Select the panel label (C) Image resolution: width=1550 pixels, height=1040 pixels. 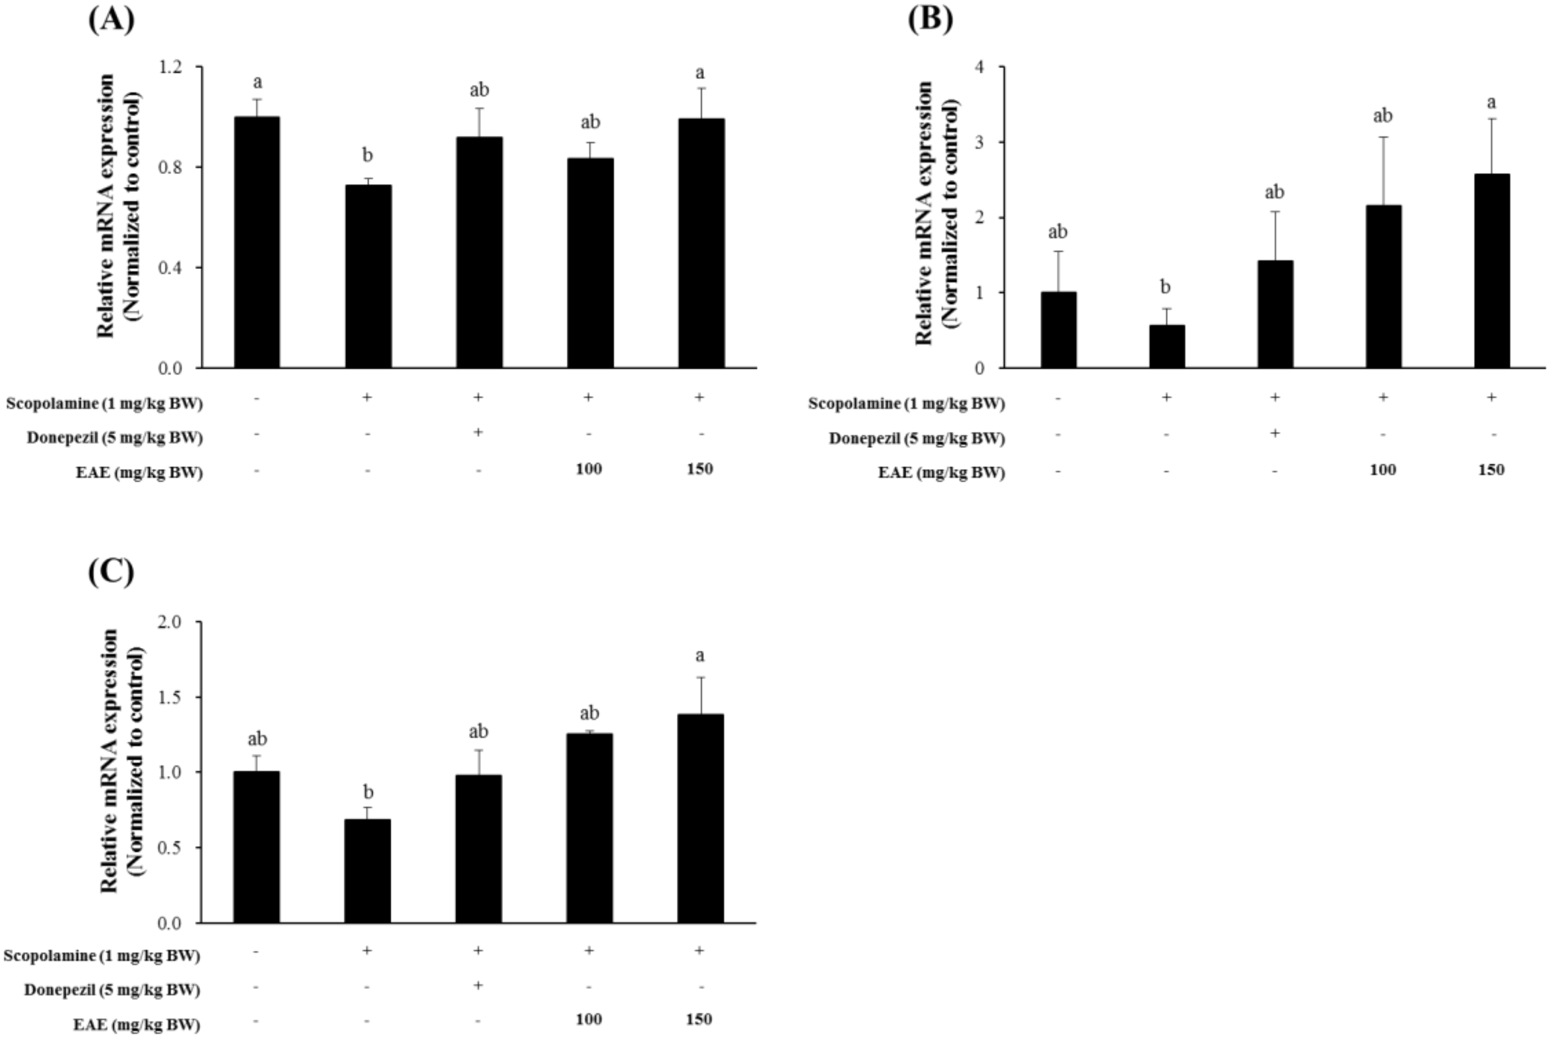pos(111,571)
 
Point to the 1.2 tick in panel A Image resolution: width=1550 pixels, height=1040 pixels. pos(171,67)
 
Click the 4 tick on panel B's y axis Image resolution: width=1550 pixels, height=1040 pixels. pos(979,67)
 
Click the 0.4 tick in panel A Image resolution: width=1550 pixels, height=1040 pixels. pos(171,267)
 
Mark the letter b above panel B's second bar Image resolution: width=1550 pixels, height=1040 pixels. pos(1165,287)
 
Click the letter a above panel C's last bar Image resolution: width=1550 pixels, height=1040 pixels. pos(699,656)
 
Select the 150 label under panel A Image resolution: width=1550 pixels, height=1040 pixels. pos(699,469)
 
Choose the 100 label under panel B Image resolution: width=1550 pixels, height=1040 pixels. pos(1383,470)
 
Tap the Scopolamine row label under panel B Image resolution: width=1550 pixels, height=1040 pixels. pos(906,403)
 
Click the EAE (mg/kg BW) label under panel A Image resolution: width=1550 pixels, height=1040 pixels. pos(139,472)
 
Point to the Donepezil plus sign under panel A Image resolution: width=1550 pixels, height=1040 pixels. pos(478,432)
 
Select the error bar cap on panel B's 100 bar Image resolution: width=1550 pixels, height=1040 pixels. pos(1383,137)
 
